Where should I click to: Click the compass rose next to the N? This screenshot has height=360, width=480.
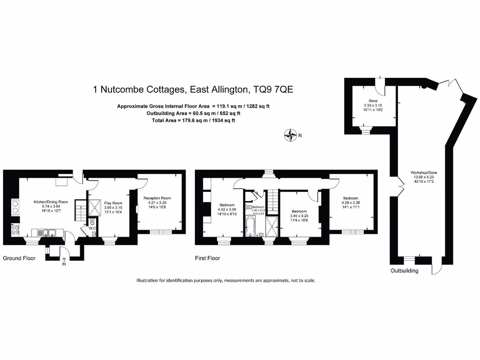tap(291, 135)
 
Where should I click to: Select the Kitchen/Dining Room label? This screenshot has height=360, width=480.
tap(51, 202)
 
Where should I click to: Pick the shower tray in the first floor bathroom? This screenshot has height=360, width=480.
tap(271, 226)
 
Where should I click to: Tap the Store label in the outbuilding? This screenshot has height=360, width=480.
tap(373, 100)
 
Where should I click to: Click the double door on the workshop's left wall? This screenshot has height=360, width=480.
tap(400, 186)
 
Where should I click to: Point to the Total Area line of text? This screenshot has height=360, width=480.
tap(193, 120)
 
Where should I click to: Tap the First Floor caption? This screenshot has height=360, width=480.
tap(207, 258)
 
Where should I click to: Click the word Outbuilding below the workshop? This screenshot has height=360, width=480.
tap(405, 271)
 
